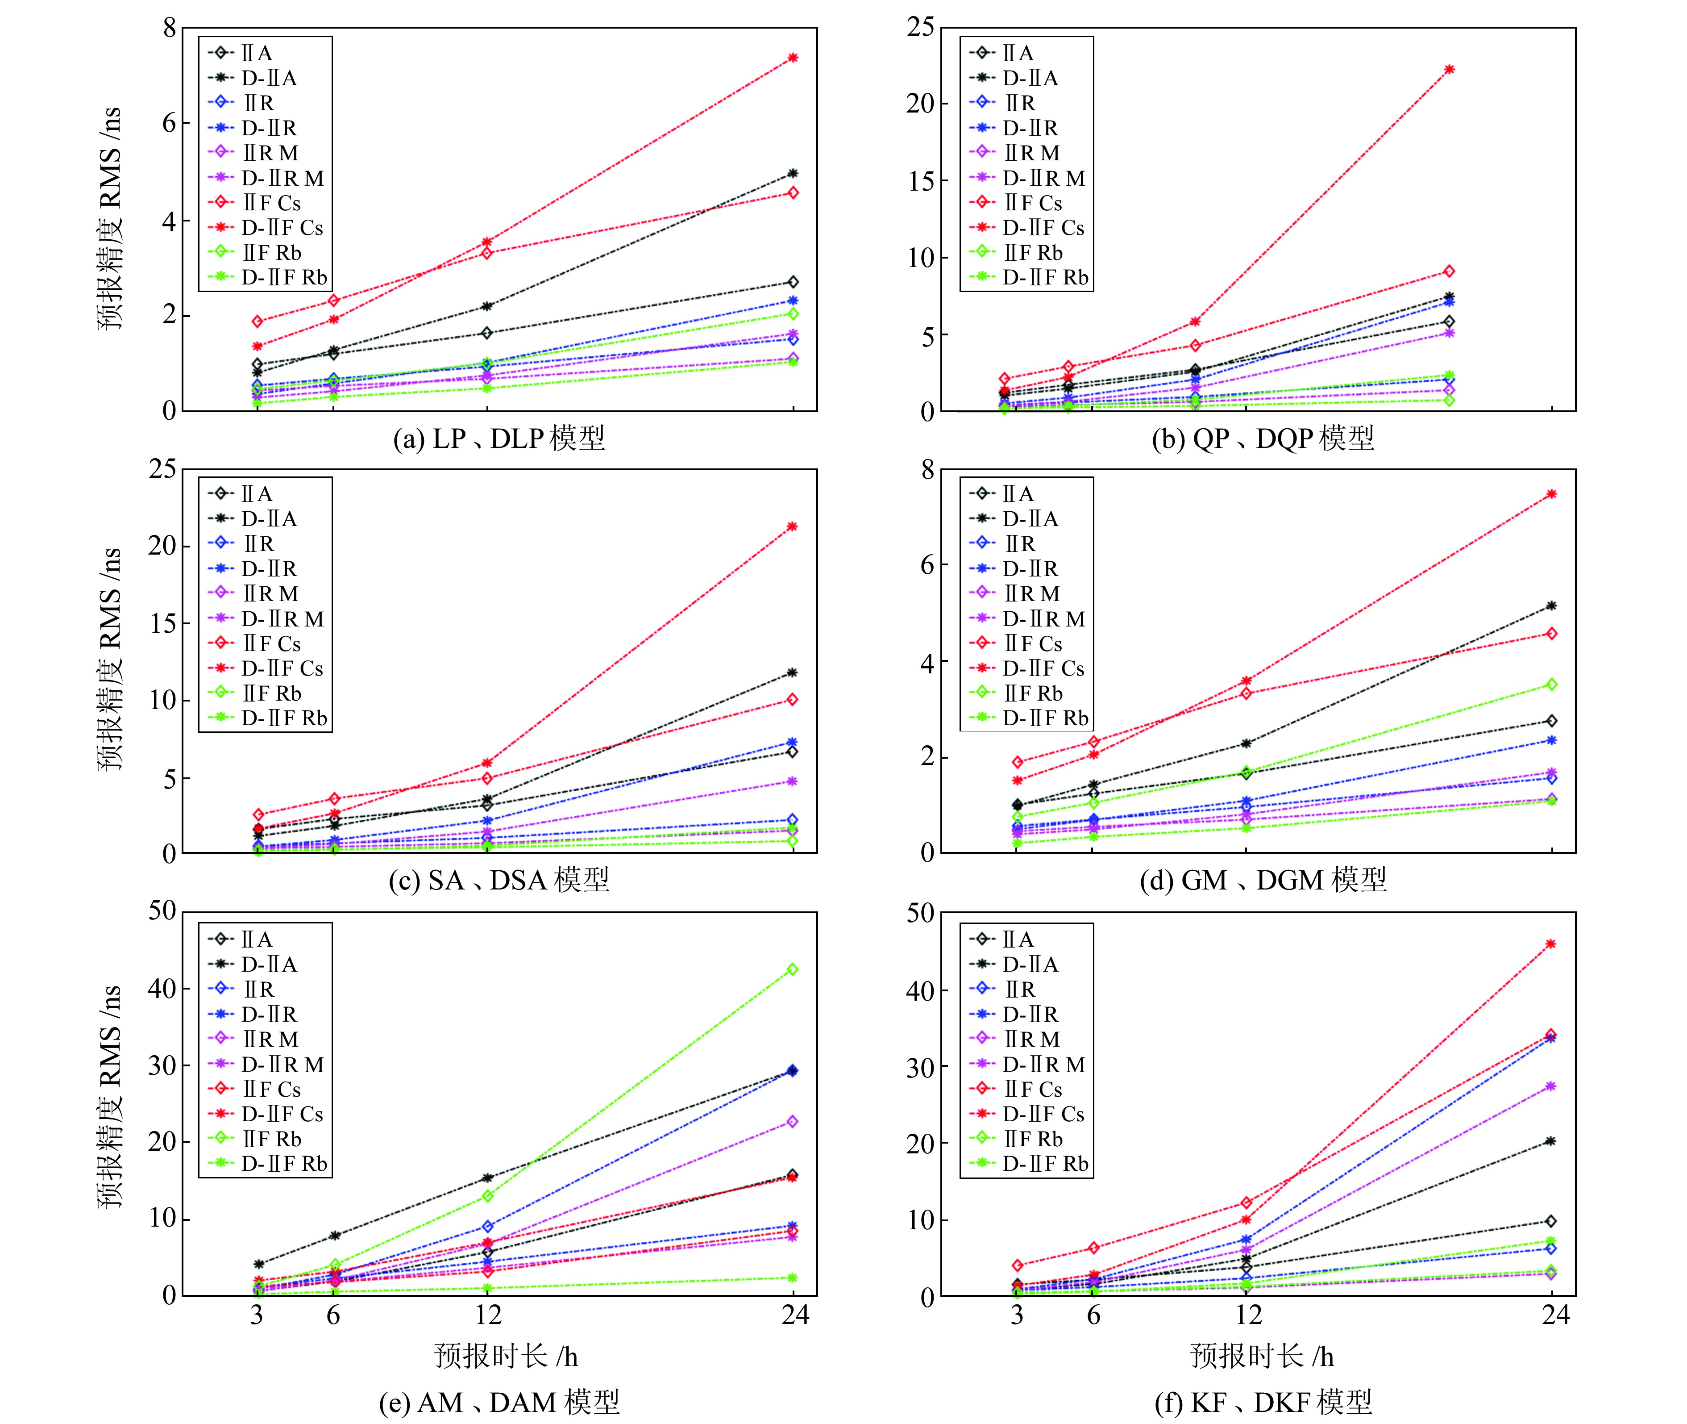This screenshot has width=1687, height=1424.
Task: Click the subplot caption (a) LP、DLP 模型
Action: (x=499, y=438)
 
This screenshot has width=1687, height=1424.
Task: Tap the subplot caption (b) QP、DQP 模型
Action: (x=1263, y=438)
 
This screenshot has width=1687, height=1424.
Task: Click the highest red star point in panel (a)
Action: (x=793, y=57)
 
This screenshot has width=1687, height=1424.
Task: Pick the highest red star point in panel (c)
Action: (x=792, y=526)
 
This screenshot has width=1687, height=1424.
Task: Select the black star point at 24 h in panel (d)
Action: (x=1551, y=606)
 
